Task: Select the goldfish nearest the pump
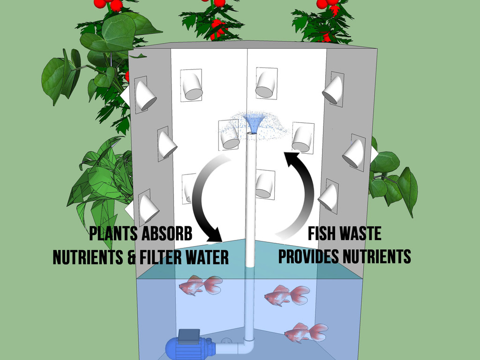[x=306, y=332]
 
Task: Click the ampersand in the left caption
[x=131, y=257]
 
